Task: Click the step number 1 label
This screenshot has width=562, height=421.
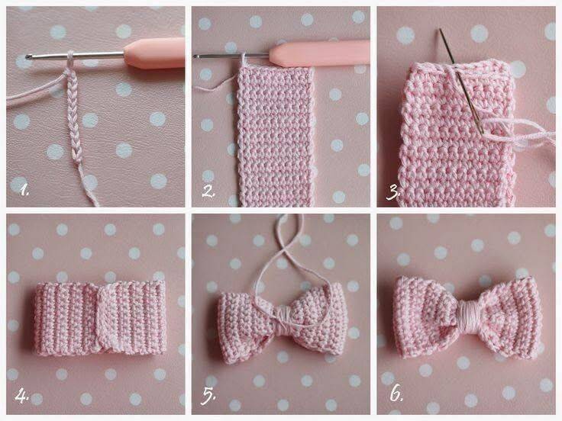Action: [x=24, y=190]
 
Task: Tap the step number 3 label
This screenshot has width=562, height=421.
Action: [x=392, y=193]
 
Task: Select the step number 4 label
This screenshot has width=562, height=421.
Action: [x=22, y=396]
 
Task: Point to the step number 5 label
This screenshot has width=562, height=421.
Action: [x=208, y=396]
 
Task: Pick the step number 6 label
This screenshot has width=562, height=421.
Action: [x=396, y=394]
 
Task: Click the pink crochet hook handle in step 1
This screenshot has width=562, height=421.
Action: [x=155, y=53]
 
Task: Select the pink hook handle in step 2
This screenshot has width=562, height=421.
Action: [x=320, y=53]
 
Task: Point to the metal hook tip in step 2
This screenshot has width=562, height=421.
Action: [x=196, y=56]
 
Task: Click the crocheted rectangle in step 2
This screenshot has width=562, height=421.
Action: [x=276, y=136]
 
